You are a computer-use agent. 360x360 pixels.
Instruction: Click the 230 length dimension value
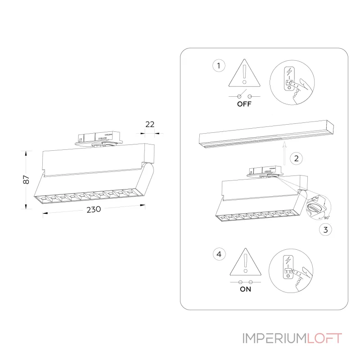pyautogui.click(x=94, y=209)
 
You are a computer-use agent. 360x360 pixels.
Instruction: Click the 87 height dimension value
pyautogui.click(x=26, y=180)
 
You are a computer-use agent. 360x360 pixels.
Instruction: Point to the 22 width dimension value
pyautogui.click(x=150, y=124)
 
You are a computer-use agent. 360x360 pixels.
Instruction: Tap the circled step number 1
pyautogui.click(x=219, y=66)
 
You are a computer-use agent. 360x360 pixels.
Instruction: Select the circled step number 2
pyautogui.click(x=296, y=158)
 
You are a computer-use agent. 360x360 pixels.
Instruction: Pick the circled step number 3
pyautogui.click(x=325, y=229)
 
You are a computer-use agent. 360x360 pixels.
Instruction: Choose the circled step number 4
pyautogui.click(x=219, y=254)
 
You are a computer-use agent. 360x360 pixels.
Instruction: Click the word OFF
pyautogui.click(x=244, y=104)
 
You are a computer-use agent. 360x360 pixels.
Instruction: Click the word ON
pyautogui.click(x=245, y=289)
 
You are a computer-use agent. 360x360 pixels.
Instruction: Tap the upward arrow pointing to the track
pyautogui.click(x=284, y=153)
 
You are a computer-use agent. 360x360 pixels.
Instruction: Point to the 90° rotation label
pyautogui.click(x=327, y=217)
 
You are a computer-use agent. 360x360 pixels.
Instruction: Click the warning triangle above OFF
pyautogui.click(x=244, y=73)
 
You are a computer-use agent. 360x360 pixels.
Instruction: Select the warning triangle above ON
pyautogui.click(x=245, y=262)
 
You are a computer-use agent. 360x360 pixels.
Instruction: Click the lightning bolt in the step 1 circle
pyautogui.click(x=289, y=72)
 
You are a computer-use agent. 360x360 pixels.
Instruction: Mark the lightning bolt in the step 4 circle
pyautogui.click(x=288, y=261)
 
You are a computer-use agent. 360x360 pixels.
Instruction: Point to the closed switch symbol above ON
pyautogui.click(x=245, y=282)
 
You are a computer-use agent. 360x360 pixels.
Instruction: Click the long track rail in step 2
pyautogui.click(x=266, y=134)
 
